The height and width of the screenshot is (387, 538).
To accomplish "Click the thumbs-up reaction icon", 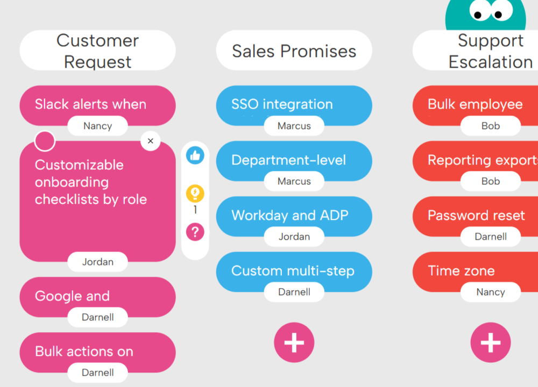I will coord(195,156).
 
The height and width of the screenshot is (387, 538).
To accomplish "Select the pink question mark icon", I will coord(195,232).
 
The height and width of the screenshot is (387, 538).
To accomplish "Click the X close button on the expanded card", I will coord(151,141).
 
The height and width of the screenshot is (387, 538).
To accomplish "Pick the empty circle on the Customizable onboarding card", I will coord(45,141).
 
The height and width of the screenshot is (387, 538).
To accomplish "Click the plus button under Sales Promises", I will coord(294,342).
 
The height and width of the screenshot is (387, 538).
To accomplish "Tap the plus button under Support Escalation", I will coord(490,342).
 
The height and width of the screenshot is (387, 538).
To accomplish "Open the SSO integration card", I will coord(294,104).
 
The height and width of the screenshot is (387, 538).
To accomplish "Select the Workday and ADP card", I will coord(294,215).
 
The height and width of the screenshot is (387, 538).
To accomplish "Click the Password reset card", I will coord(476,216).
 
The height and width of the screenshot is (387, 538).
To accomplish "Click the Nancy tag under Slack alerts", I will coord(97,126).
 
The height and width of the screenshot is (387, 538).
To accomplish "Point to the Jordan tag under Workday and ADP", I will coord(294,237).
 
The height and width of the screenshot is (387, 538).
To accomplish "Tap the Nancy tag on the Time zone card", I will coord(490,292).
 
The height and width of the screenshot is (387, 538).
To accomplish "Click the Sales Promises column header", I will coord(294,51).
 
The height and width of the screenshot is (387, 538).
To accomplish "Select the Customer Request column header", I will coord(97,51).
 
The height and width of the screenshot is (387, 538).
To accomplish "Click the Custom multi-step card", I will coord(294,270).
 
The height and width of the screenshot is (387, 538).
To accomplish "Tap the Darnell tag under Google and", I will coord(97,317).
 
